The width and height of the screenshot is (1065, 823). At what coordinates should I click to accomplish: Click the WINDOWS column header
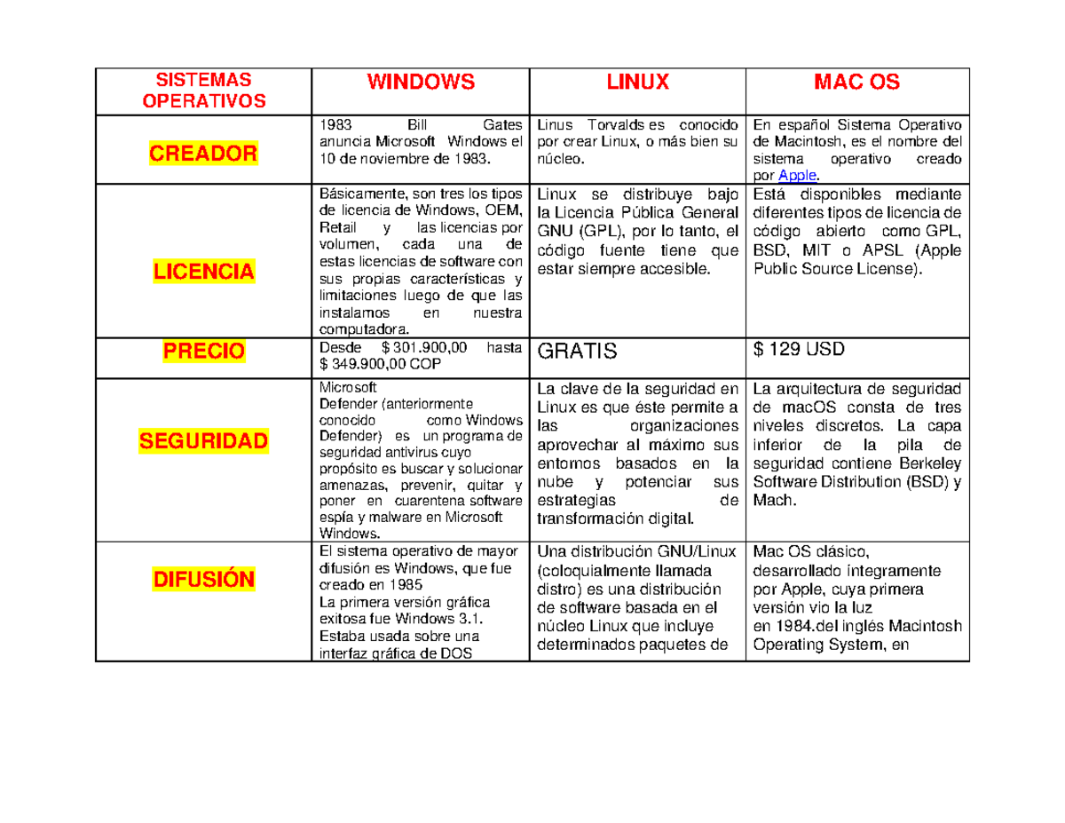click(421, 83)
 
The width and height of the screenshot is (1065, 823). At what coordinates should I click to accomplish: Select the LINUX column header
click(637, 83)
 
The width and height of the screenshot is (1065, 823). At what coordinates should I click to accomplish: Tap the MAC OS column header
click(857, 83)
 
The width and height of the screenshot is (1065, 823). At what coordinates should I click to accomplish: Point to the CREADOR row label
click(202, 154)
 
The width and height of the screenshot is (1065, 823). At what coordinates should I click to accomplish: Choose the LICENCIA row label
click(202, 271)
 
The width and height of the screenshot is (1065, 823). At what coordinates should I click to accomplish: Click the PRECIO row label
click(203, 352)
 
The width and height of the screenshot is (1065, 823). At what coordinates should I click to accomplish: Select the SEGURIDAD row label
click(202, 440)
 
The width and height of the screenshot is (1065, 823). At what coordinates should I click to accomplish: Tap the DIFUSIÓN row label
click(203, 580)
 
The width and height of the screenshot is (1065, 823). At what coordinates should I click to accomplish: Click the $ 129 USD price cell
click(799, 350)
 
